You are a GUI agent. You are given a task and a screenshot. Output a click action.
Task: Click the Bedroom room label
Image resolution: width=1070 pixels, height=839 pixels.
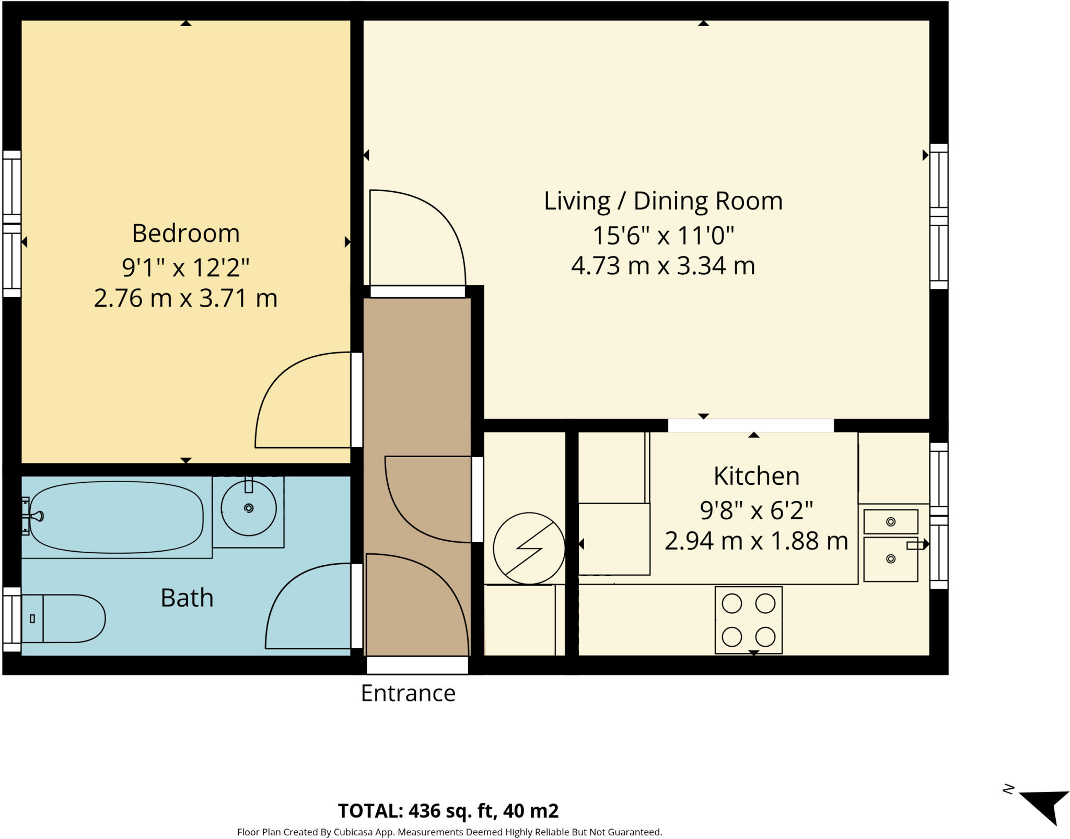pyautogui.click(x=185, y=233)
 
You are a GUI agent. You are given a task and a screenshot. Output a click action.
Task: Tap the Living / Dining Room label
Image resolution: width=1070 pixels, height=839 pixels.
pyautogui.click(x=663, y=201)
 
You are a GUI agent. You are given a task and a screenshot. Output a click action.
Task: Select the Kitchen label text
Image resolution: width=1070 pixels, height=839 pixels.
pyautogui.click(x=757, y=476)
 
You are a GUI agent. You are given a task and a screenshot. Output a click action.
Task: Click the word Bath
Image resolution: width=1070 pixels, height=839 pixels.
pyautogui.click(x=187, y=598)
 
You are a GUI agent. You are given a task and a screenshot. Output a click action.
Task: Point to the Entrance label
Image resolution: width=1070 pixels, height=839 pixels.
pyautogui.click(x=408, y=693)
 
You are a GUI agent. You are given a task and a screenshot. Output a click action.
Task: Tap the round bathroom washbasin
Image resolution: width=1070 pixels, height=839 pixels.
pyautogui.click(x=249, y=508)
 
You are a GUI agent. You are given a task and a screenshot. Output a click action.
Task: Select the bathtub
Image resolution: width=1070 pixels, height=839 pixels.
pyautogui.click(x=116, y=517)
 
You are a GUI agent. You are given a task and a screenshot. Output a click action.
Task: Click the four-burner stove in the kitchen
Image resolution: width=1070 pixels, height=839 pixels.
pyautogui.click(x=748, y=620)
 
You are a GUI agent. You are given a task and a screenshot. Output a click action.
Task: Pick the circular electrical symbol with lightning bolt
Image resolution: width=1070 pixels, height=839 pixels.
pyautogui.click(x=529, y=549)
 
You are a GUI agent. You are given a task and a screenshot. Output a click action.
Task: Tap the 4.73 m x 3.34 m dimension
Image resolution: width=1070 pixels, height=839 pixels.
pyautogui.click(x=663, y=266)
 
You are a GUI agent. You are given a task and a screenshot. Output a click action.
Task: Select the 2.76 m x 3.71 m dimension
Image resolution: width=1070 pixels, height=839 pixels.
pyautogui.click(x=185, y=298)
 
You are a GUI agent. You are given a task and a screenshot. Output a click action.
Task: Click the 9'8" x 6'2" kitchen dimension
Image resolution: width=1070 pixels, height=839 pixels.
pyautogui.click(x=757, y=510)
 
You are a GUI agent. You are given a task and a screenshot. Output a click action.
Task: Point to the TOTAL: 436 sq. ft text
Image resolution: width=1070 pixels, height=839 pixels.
pyautogui.click(x=416, y=811)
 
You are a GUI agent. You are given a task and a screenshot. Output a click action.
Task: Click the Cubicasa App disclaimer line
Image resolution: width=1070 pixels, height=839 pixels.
pyautogui.click(x=450, y=832)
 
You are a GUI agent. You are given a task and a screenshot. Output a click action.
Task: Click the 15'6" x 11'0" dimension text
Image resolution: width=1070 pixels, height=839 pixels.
pyautogui.click(x=663, y=236)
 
